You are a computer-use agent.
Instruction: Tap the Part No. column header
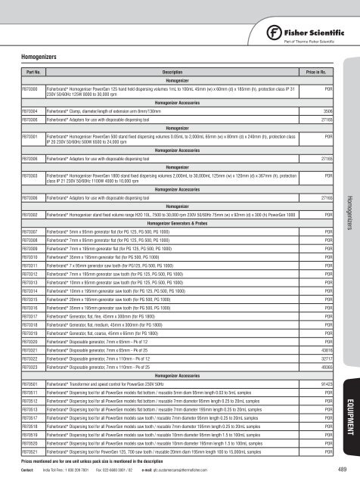tap(33, 70)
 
